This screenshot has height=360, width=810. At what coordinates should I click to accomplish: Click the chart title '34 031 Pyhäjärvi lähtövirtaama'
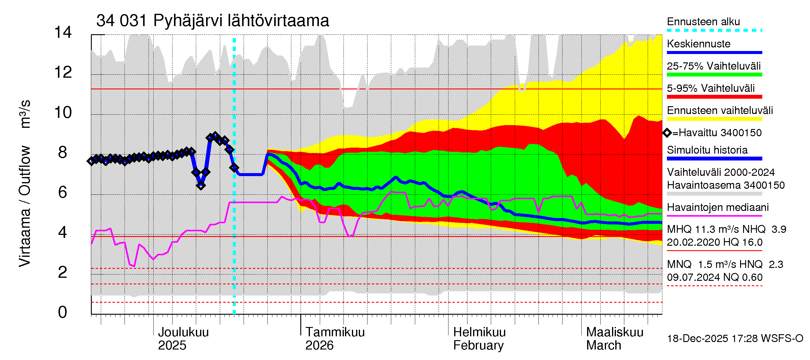tap(213, 21)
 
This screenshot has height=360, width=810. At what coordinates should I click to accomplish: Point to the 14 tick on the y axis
tap(63, 32)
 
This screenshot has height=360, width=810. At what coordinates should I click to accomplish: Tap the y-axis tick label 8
tap(63, 152)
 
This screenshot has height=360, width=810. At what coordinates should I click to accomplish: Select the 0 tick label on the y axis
tap(63, 312)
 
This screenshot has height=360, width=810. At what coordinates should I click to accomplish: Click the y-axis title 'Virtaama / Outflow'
tap(25, 206)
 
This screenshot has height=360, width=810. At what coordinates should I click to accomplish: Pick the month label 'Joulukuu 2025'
tap(183, 339)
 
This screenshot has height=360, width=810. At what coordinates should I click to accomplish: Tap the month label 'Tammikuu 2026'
tap(334, 339)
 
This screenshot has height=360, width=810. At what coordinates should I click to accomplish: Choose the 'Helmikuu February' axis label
tap(479, 339)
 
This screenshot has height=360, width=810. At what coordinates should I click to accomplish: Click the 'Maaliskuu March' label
tap(614, 339)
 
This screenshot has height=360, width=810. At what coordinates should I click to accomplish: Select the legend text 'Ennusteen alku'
tap(703, 22)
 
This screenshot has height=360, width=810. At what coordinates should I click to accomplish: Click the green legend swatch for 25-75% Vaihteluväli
tap(714, 75)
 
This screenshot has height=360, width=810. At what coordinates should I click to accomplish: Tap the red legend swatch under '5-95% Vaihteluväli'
tap(714, 97)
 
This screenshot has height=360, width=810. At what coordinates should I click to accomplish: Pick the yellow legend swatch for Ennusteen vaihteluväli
tap(714, 119)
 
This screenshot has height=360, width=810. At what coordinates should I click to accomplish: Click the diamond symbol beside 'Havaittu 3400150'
tap(667, 133)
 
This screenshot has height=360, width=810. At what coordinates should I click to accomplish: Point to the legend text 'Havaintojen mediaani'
tap(718, 208)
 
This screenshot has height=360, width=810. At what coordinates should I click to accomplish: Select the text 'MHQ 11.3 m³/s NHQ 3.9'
tap(726, 229)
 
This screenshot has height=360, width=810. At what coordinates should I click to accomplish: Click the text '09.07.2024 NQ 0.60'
tap(714, 277)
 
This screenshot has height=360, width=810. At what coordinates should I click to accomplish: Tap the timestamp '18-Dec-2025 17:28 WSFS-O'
tap(735, 339)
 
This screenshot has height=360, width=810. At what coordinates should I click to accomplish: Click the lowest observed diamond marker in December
tap(201, 185)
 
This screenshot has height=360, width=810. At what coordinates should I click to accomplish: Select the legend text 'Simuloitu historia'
tap(707, 150)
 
